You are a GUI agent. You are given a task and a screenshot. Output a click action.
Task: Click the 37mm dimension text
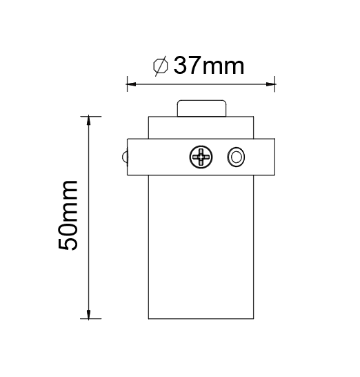(208, 65)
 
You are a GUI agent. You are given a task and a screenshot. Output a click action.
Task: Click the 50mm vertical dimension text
(68, 215)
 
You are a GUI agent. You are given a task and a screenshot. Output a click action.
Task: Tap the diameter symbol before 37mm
(161, 66)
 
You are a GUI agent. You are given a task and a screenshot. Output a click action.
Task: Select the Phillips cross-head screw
(201, 157)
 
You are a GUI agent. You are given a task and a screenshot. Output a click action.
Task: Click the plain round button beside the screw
(236, 157)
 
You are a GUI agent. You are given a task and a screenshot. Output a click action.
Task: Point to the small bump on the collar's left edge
(125, 157)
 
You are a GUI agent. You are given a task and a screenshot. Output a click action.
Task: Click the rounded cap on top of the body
(202, 108)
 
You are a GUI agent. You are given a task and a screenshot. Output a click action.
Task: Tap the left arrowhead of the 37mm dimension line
(131, 84)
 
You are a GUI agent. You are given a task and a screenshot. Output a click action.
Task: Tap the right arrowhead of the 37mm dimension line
(270, 84)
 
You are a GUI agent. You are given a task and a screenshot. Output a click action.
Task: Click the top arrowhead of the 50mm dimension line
(88, 120)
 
